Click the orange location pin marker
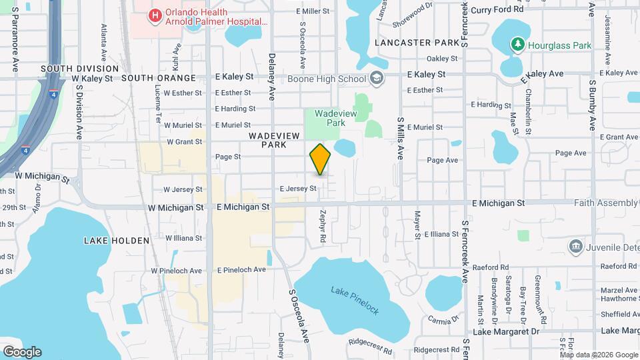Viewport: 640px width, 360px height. [320, 159]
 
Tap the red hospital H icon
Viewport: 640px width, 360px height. [155, 15]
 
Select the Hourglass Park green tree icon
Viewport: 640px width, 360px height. [517, 45]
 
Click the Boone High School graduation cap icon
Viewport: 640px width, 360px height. [377, 79]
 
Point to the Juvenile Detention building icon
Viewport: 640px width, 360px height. [575, 247]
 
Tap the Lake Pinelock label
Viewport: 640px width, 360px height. [355, 300]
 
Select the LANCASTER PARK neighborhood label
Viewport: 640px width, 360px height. [417, 43]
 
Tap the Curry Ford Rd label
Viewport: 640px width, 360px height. [497, 9]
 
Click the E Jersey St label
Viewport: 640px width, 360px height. [297, 189]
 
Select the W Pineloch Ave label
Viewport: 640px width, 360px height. [176, 271]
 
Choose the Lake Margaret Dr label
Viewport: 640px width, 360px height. [506, 331]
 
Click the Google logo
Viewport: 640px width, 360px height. [22, 351]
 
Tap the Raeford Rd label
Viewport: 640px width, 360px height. [486, 268]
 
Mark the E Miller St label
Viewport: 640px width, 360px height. [312, 11]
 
